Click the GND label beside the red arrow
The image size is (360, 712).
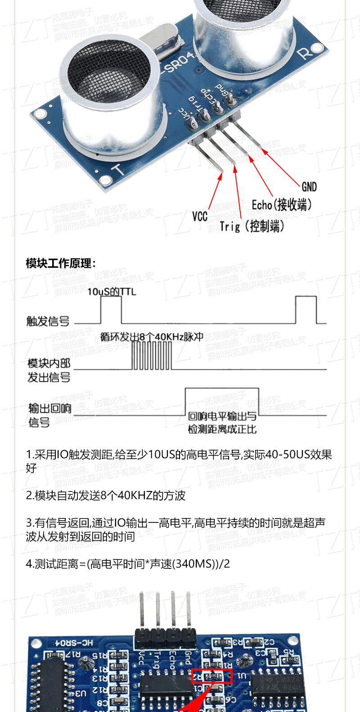point(309,187)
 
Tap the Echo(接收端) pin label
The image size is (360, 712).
point(282,205)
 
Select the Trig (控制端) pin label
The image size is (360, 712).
point(252,226)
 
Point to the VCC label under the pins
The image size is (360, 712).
point(200,216)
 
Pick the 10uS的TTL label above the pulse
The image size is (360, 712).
point(112,292)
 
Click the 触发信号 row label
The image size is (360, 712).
point(48,321)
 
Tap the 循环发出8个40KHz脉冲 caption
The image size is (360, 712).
point(152,337)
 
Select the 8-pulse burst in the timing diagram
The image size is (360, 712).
point(152,356)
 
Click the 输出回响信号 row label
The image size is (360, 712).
point(49,415)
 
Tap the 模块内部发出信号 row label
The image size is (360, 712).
point(49,370)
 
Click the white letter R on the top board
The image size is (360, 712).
point(305,54)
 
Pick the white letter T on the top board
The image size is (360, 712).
point(118,170)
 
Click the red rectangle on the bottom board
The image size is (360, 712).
point(212,676)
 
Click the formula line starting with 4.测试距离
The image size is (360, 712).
point(128,563)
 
